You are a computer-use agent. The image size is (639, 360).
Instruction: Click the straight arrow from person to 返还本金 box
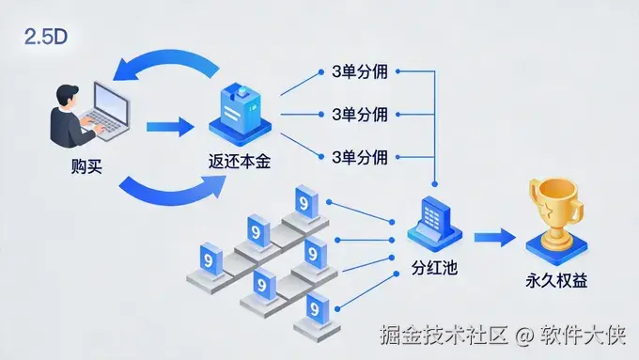[x=169, y=122]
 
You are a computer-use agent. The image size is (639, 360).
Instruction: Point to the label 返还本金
[x=240, y=162]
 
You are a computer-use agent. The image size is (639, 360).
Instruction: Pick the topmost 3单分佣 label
[x=361, y=71]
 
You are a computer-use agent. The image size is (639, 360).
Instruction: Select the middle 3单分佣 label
[x=361, y=114]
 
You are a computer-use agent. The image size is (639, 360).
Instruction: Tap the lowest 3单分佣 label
[x=361, y=155]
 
